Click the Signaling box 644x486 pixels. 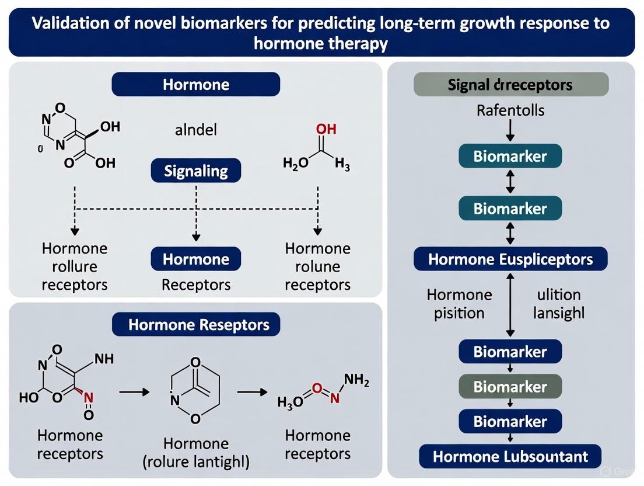[195, 171]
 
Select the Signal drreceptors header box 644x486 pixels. [510, 85]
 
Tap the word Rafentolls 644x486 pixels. [510, 110]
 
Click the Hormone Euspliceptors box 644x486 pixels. [510, 259]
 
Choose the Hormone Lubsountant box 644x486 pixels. [510, 456]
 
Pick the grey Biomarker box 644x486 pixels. [510, 387]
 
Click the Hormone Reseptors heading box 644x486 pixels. [195, 324]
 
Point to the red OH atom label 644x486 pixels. [318, 129]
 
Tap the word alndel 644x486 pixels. [195, 129]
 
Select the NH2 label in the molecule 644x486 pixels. [356, 380]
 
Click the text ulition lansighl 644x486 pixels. [559, 304]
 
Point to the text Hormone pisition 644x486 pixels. [459, 304]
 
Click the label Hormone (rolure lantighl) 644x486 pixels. [195, 453]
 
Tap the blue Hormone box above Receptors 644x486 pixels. [195, 259]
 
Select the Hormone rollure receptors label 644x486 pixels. [75, 266]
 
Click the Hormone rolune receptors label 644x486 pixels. [317, 266]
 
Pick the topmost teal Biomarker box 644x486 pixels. [510, 156]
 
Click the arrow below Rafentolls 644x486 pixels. [510, 130]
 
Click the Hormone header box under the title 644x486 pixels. [195, 85]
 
